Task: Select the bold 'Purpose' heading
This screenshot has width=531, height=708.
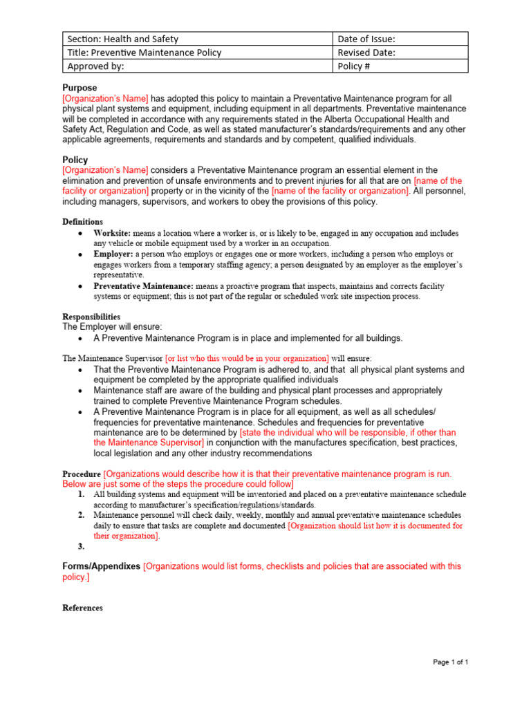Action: click(80, 88)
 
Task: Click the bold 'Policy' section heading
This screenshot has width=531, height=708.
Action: click(75, 160)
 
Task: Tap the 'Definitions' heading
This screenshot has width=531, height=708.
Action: click(82, 221)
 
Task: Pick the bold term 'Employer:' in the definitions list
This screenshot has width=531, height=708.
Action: click(113, 254)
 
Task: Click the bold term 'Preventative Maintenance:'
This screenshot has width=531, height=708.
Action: click(143, 286)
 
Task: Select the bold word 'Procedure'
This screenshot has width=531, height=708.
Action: click(82, 474)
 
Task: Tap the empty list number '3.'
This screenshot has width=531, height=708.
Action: click(81, 546)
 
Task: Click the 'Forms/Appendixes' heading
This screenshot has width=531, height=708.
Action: click(101, 566)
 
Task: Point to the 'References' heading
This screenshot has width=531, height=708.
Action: click(82, 608)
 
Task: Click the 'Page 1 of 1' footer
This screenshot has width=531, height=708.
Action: click(450, 662)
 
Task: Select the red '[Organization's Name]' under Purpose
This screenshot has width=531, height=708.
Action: click(105, 99)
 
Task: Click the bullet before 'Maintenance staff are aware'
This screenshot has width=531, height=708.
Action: click(81, 391)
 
